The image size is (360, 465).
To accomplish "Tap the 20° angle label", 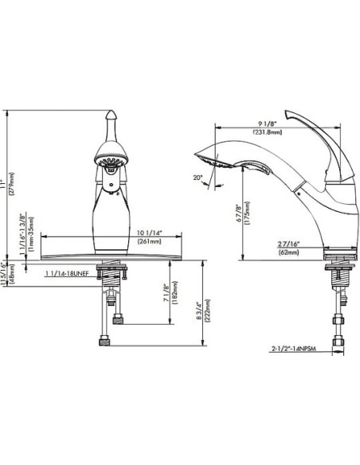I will [198, 178].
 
